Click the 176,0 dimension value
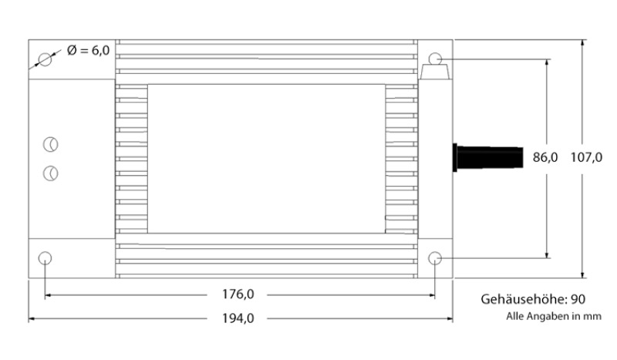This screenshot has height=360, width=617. [238, 294]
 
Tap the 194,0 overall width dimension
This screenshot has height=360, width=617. [238, 318]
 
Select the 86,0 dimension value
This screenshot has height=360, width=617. [545, 157]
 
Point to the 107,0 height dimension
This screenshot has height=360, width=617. [586, 157]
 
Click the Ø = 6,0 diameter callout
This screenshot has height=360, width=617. [88, 50]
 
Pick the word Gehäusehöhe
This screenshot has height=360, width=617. [524, 299]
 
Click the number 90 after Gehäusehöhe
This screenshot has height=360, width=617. [578, 299]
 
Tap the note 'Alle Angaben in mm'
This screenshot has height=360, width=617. [554, 316]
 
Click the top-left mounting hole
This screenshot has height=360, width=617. [46, 60]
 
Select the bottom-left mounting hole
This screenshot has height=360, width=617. [45, 258]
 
